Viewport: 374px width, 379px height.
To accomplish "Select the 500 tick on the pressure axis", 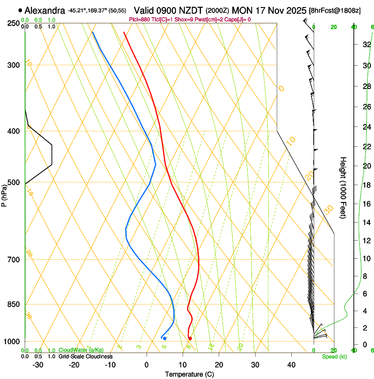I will (14, 182).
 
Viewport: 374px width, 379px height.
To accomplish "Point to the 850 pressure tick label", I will (14, 304).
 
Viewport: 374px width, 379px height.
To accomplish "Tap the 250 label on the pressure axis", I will (14, 23).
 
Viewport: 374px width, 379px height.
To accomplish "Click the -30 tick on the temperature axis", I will (38, 364).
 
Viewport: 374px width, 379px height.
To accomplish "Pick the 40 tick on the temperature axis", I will (291, 364).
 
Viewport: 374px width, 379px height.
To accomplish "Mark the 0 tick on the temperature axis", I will (147, 364).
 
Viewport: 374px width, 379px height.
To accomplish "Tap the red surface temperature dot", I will (190, 338).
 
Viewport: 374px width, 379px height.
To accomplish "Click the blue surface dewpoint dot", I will (165, 338).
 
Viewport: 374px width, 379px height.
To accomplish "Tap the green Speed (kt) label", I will (334, 356).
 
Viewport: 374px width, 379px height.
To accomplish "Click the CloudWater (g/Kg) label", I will (81, 350).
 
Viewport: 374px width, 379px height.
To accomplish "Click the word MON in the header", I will (240, 10).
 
